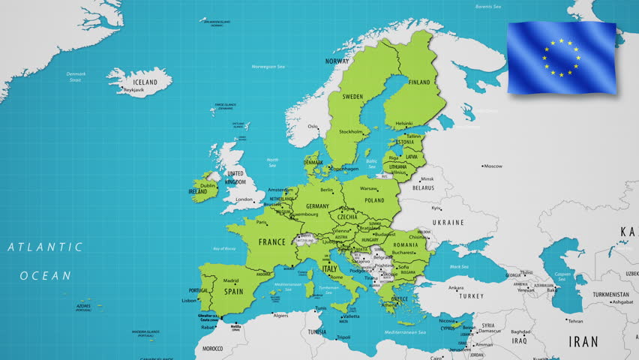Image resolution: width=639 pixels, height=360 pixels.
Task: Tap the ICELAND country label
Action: [x=145, y=82]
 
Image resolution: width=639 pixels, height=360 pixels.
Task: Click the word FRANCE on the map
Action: [x=272, y=241]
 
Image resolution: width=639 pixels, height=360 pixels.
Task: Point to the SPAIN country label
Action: [x=234, y=292]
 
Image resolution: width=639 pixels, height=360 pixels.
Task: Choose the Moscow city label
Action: [x=493, y=166]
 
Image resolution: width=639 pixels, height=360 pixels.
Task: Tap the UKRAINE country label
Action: [x=448, y=223]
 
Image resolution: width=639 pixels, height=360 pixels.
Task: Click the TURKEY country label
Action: [x=472, y=296]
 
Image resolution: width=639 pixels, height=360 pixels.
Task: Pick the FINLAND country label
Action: [x=419, y=82]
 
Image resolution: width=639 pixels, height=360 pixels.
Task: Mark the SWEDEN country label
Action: [x=352, y=97]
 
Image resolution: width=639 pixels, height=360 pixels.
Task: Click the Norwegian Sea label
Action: [x=268, y=67]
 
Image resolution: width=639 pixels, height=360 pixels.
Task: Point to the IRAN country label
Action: [x=583, y=341]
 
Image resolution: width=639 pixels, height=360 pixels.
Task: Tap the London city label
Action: [x=244, y=199]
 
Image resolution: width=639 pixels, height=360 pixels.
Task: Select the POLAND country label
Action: [x=374, y=201]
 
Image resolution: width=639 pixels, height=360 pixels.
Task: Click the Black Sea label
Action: [x=459, y=266]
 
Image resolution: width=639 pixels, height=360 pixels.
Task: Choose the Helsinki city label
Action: [x=404, y=124]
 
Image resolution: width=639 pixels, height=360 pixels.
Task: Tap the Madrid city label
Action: [x=231, y=280]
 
